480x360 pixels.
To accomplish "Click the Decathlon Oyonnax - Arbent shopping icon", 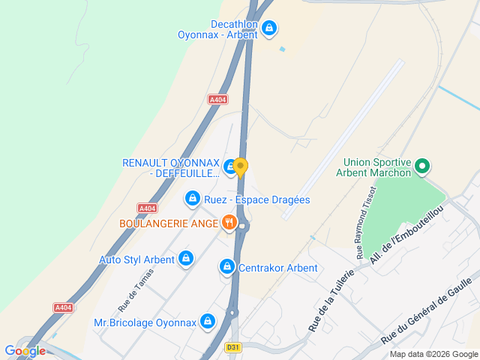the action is point(270,29).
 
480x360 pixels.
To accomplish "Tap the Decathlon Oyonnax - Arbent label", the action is point(217,29).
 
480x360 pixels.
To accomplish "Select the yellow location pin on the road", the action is point(240,166).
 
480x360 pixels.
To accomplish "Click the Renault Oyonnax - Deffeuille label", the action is point(171,169).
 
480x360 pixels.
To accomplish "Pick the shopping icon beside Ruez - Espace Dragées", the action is point(193,199).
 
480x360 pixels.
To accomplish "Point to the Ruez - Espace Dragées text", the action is point(257,199).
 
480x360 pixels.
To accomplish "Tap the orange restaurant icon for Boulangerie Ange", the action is point(229,223).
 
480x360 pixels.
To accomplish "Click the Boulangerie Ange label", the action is point(168,223).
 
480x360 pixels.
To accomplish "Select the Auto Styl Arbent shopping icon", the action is point(186,259).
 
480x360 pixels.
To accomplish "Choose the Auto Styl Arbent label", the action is point(136,260).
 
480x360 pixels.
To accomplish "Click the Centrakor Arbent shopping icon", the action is point(226,267).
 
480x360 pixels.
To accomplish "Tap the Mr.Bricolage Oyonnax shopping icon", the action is point(208,322).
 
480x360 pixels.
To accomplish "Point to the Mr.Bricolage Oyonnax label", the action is point(145,323).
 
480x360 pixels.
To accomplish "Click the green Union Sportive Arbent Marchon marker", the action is point(422,166).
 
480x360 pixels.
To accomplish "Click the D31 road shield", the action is point(234,347).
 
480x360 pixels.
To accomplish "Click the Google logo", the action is point(25,350).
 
